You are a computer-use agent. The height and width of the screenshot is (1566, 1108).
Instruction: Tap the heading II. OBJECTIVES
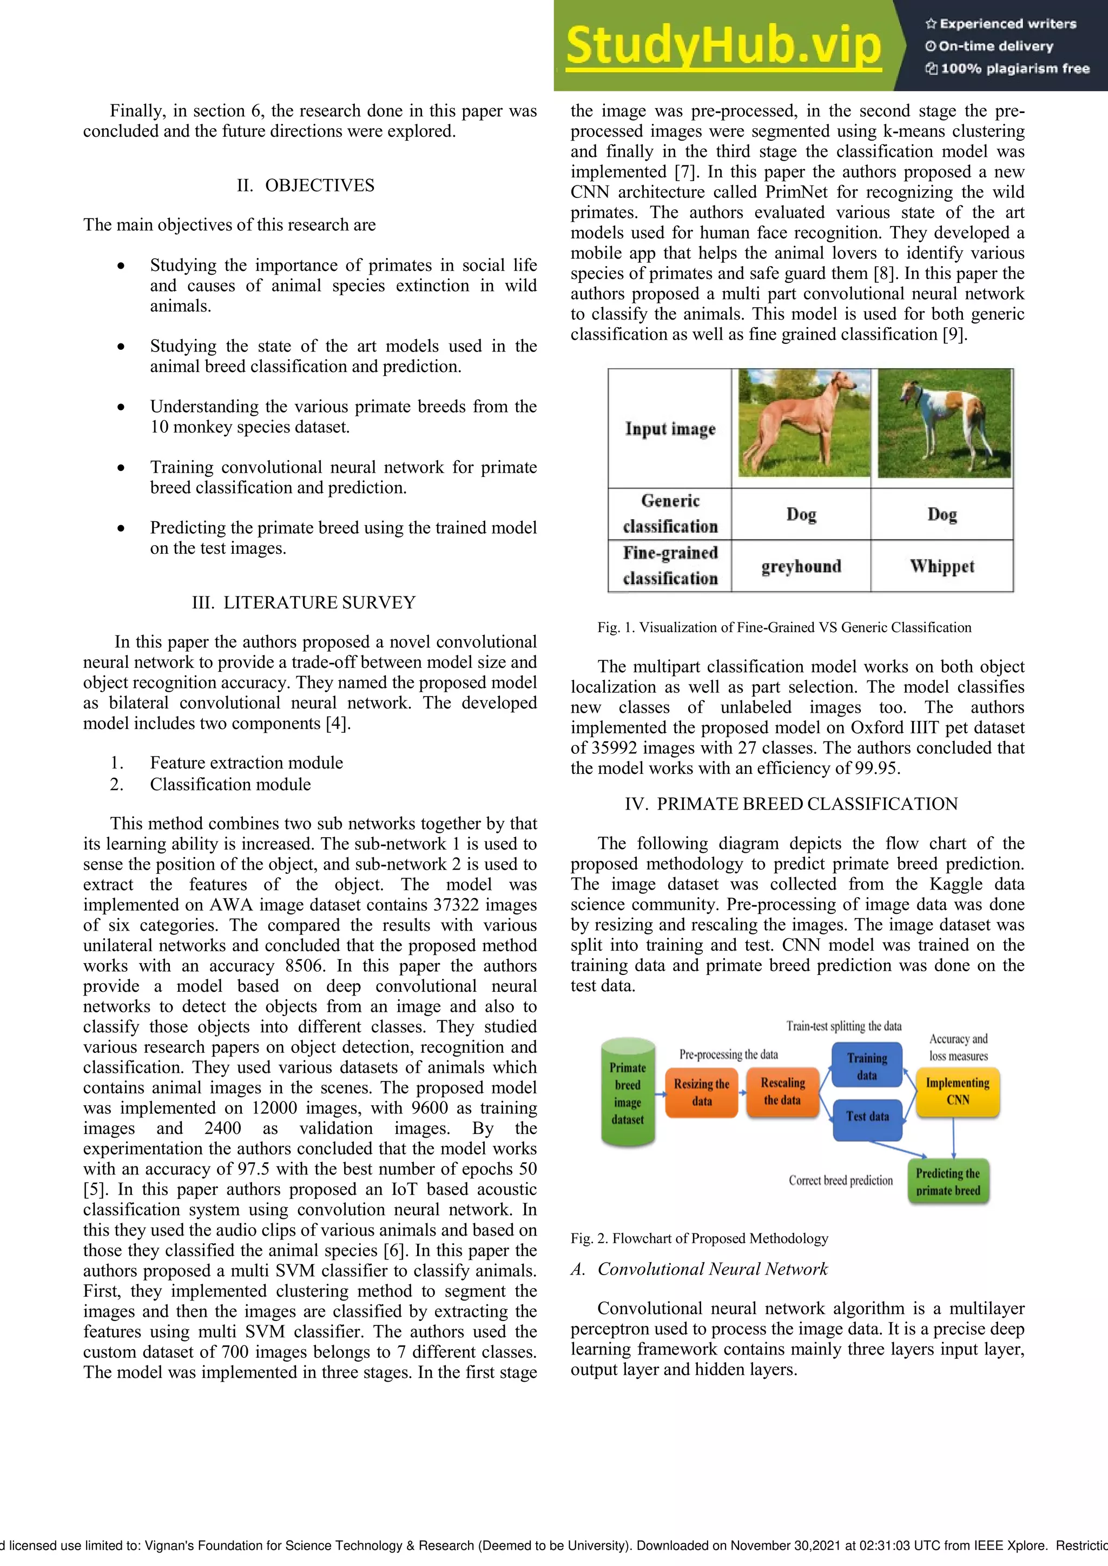pos(305,185)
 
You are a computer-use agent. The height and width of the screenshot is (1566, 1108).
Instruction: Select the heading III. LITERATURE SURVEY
pos(304,602)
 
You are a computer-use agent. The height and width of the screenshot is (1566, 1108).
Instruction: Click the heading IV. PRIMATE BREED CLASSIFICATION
pos(791,804)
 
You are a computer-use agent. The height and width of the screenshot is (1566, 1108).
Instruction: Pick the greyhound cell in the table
pos(801,566)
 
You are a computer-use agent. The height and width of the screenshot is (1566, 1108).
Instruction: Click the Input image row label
pos(670,428)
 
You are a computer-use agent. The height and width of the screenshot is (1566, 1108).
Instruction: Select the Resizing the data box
pos(701,1091)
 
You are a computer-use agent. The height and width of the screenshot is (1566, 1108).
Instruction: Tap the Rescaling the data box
pos(782,1091)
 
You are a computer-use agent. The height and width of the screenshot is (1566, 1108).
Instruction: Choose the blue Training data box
pos(867,1065)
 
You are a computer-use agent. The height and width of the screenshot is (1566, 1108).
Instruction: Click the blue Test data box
pos(867,1117)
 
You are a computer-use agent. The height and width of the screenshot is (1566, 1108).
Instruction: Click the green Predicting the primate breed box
pos(948,1182)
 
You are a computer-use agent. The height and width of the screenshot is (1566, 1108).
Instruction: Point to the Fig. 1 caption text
pos(784,627)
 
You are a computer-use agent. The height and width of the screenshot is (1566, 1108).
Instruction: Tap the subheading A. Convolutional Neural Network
pos(700,1269)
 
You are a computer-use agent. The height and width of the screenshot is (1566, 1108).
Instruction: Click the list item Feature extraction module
pos(246,762)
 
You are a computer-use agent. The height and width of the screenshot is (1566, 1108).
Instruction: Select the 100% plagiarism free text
pos(1008,68)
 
